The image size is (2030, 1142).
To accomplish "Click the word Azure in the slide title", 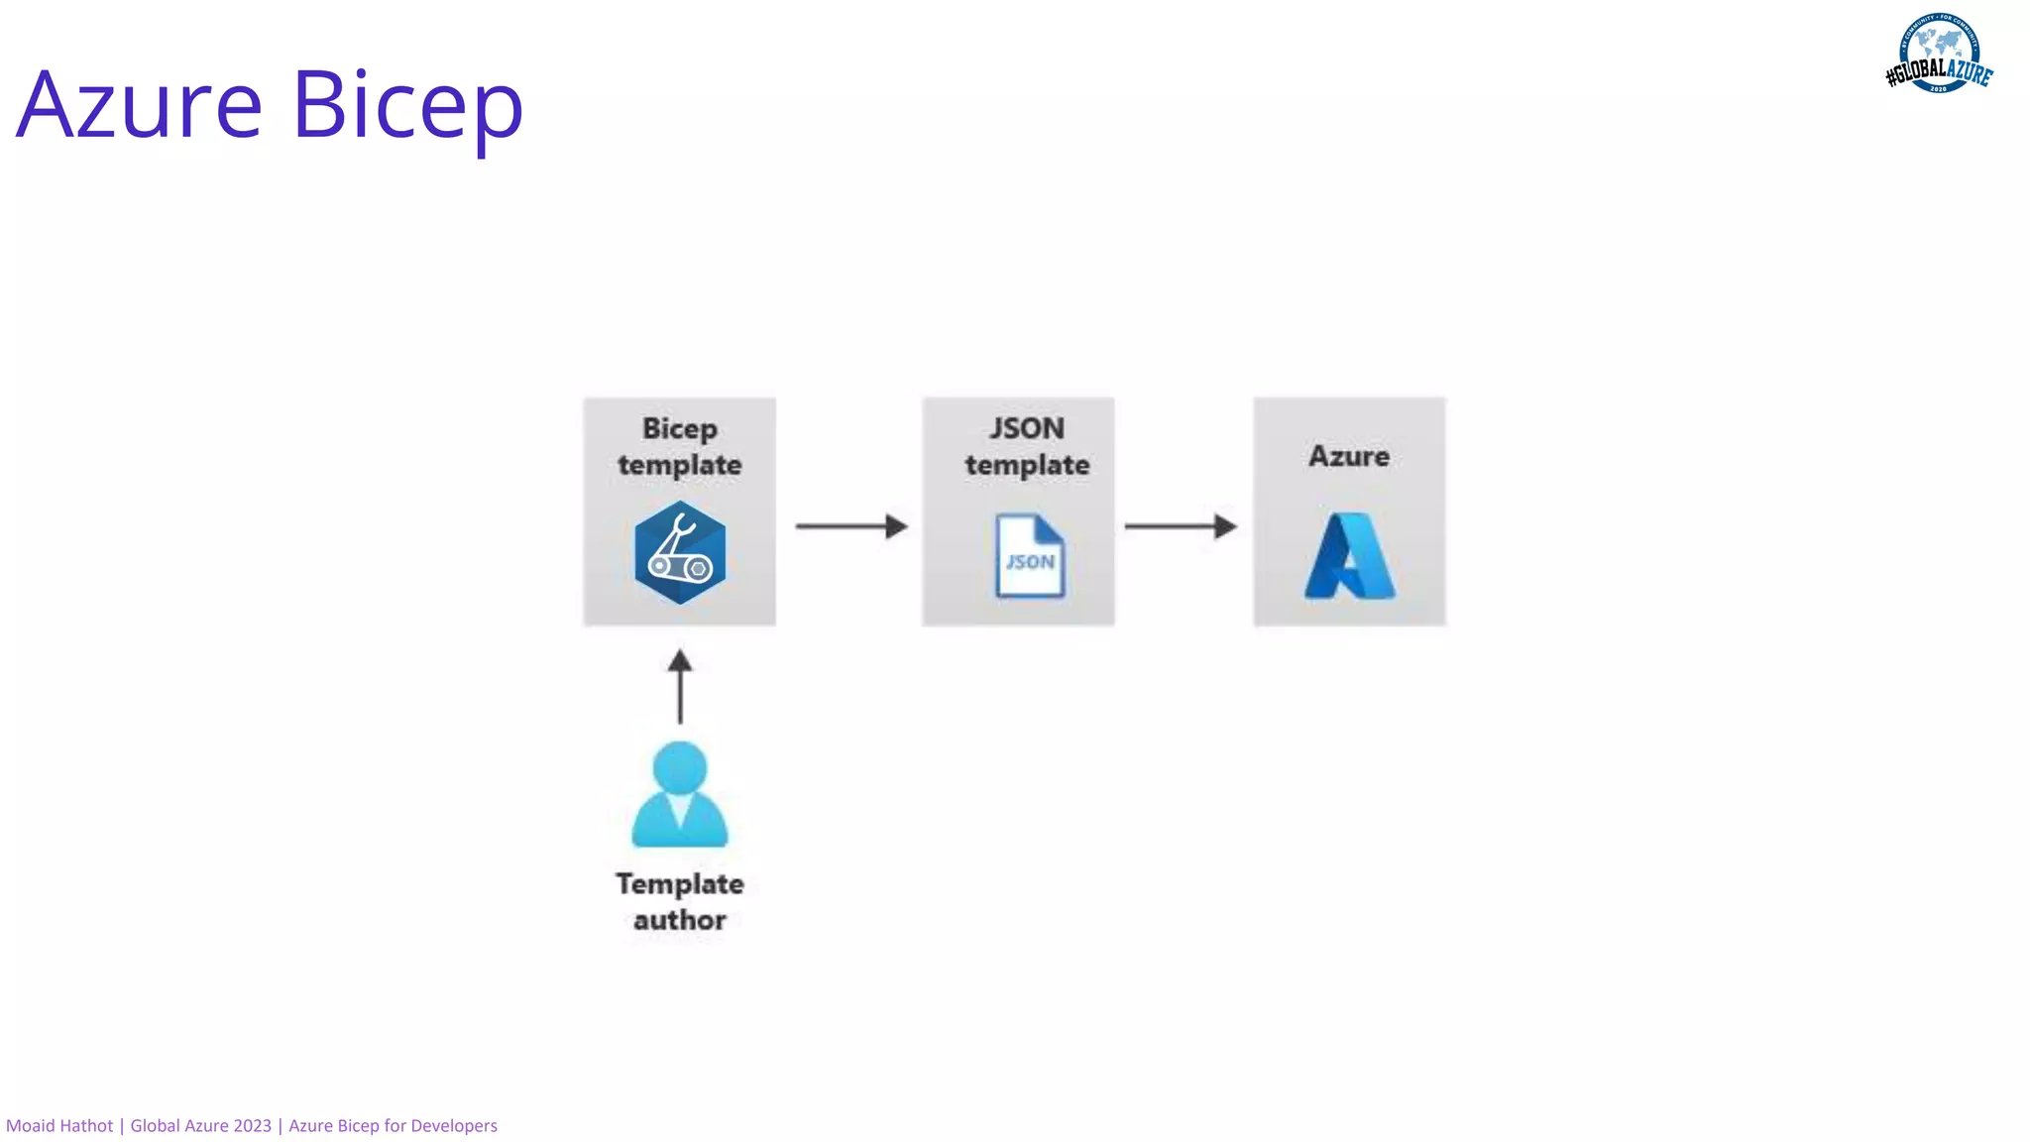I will [x=140, y=104].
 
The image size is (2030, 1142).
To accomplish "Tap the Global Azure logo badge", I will [x=1939, y=54].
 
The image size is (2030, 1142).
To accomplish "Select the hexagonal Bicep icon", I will [x=680, y=553].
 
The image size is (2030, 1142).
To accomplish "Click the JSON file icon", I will [x=1030, y=556].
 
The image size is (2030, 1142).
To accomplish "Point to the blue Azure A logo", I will [x=1349, y=556].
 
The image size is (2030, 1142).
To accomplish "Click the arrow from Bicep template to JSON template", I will [x=851, y=525].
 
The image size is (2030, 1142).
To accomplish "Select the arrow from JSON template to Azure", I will [x=1181, y=525].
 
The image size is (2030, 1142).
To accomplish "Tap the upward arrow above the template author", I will [x=680, y=686].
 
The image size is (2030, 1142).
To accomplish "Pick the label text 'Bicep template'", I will [x=680, y=446].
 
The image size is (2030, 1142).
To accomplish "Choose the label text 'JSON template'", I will [x=1027, y=446].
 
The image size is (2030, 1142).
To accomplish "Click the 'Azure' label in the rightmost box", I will [x=1349, y=456].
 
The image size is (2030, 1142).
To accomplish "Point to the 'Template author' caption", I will [x=680, y=901].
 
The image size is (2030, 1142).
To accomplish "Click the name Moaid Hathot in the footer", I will [x=59, y=1126].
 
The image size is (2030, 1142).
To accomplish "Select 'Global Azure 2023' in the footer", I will [x=201, y=1126].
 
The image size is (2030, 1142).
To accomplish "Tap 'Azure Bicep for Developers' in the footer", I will [x=393, y=1126].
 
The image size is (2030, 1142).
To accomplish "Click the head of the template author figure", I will [x=680, y=767].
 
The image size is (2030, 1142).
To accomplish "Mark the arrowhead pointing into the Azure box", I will [x=1226, y=525].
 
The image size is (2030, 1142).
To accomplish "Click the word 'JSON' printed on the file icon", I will [x=1031, y=562].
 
